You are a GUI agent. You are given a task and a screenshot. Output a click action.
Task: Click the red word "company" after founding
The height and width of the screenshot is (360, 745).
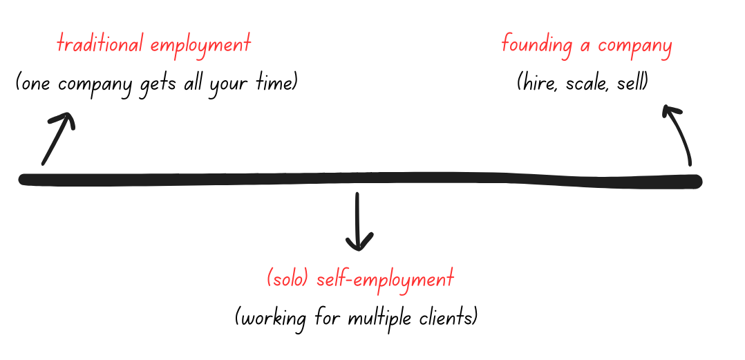click(x=635, y=47)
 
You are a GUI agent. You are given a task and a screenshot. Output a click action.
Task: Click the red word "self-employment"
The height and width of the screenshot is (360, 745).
click(x=385, y=280)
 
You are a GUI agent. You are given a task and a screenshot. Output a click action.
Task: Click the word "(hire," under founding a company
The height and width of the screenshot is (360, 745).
click(x=538, y=84)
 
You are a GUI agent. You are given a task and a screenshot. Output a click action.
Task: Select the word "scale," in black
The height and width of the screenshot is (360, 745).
click(x=587, y=84)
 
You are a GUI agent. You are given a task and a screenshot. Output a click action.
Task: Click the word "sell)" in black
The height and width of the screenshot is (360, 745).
click(x=632, y=84)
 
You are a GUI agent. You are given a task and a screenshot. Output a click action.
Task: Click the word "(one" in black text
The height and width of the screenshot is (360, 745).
click(x=35, y=84)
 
